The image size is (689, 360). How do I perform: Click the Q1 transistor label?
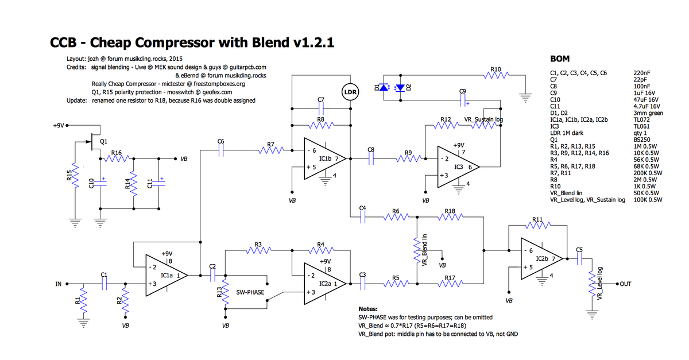tap(103, 141)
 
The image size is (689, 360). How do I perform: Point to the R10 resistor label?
tap(497, 69)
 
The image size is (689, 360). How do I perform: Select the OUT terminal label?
tap(626, 284)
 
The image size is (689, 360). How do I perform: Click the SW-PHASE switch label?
tap(250, 292)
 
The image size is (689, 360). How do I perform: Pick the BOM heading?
tap(560, 59)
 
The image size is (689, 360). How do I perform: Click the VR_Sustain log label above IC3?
tap(483, 119)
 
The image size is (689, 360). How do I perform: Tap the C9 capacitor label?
tap(463, 91)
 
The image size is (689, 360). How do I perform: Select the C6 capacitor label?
tap(221, 141)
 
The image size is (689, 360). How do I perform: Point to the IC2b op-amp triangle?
tap(537, 258)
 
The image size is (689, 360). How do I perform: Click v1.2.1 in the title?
tap(313, 42)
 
